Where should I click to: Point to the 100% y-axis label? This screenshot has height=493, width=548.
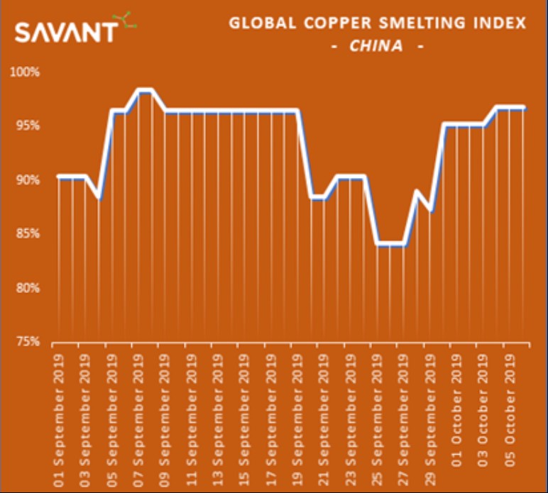click(x=26, y=72)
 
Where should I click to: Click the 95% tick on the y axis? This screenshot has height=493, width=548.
click(x=28, y=126)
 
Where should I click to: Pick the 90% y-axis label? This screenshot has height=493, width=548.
click(x=28, y=180)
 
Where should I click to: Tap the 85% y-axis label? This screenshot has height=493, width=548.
click(x=28, y=234)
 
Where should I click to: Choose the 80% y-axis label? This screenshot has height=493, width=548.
click(x=28, y=288)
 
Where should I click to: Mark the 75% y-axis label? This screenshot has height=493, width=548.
click(x=28, y=342)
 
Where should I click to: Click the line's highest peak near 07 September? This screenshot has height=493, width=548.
click(x=145, y=91)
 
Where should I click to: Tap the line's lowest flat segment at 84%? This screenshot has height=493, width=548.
click(x=390, y=244)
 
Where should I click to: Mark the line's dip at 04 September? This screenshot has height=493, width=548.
click(x=99, y=199)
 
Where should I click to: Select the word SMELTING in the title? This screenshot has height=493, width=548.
click(x=407, y=23)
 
